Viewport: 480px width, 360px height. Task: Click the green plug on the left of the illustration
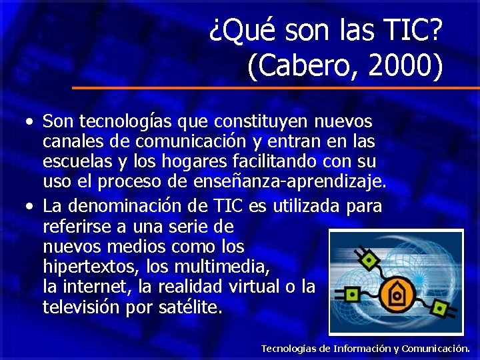tap(351, 293)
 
